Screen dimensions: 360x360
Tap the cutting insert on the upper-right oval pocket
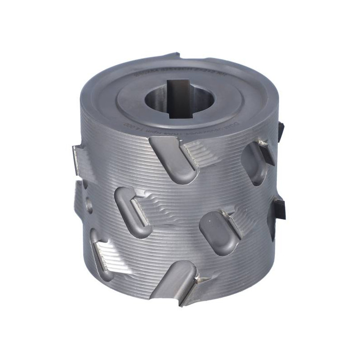pyautogui.click(x=265, y=151)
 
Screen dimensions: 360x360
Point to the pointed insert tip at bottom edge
pyautogui.click(x=198, y=281)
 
